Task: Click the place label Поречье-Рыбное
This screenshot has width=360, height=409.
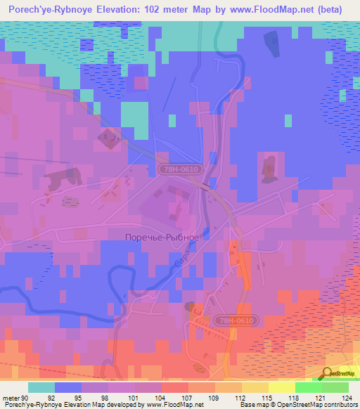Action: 162,237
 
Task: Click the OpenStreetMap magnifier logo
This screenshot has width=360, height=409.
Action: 328,375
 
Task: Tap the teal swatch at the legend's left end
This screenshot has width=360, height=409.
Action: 41,387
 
